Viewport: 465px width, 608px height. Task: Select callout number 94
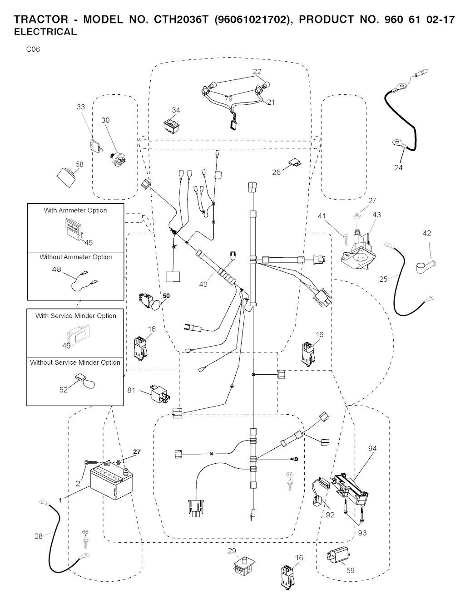pyautogui.click(x=372, y=449)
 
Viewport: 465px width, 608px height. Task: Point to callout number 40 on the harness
pyautogui.click(x=203, y=284)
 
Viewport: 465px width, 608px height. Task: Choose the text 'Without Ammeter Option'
pyautogui.click(x=75, y=257)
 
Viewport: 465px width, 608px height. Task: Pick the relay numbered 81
pyautogui.click(x=159, y=393)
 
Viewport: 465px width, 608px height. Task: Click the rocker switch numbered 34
pyautogui.click(x=172, y=127)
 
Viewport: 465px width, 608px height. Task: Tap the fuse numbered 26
pyautogui.click(x=292, y=162)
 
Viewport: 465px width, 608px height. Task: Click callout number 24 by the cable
pyautogui.click(x=398, y=167)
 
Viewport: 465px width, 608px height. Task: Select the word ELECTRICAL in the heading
pyautogui.click(x=45, y=32)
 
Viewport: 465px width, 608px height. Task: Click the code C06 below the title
pyautogui.click(x=33, y=49)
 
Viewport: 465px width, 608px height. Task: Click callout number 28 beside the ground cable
pyautogui.click(x=39, y=536)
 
